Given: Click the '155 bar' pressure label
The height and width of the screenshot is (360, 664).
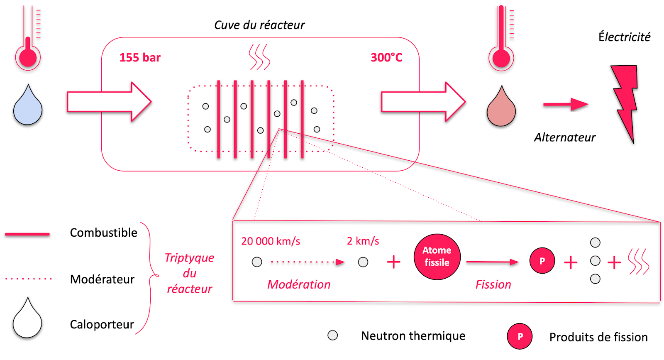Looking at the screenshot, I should click(140, 58).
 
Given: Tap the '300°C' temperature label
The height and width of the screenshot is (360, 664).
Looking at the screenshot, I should click(386, 58).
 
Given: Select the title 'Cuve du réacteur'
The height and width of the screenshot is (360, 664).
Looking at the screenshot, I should click(259, 25).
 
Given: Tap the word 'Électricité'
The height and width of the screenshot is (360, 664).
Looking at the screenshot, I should click(624, 37).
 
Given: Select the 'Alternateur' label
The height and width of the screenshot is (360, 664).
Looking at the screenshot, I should click(564, 137).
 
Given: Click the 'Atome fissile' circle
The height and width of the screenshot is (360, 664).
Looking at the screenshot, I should click(437, 257).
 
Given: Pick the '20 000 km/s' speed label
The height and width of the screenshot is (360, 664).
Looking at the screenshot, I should click(271, 241).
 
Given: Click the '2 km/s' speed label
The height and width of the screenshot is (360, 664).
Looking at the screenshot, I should click(363, 241).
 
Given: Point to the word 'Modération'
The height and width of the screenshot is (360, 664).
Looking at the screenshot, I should click(299, 284).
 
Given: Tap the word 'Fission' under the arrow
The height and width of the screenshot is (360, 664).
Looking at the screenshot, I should click(493, 284).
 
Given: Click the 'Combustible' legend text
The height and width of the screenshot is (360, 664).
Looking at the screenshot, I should click(103, 233).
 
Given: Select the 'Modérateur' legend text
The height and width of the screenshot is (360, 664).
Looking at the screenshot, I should click(102, 279).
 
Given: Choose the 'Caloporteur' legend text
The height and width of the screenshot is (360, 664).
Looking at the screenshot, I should click(102, 324).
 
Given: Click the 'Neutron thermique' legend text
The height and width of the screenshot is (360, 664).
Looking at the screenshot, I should click(413, 336).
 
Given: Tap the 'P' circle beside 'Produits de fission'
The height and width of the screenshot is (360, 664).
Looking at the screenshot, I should click(520, 336).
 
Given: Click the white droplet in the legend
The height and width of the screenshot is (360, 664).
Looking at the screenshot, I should click(27, 320).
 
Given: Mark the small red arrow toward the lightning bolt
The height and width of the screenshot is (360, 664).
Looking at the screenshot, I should click(566, 104).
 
